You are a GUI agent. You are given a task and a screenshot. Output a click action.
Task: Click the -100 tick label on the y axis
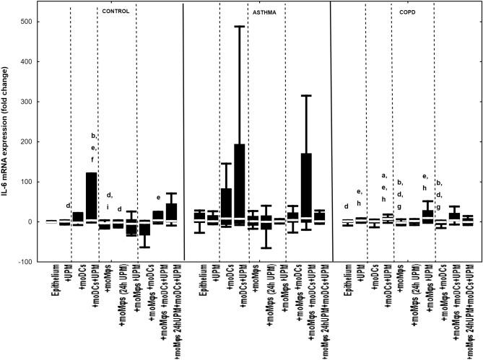point(26,262)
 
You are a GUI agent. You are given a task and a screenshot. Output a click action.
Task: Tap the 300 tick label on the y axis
point(27,102)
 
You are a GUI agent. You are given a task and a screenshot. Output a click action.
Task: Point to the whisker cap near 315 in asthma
point(306,95)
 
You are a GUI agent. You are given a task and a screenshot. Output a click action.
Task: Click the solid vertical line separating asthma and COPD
point(330,130)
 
